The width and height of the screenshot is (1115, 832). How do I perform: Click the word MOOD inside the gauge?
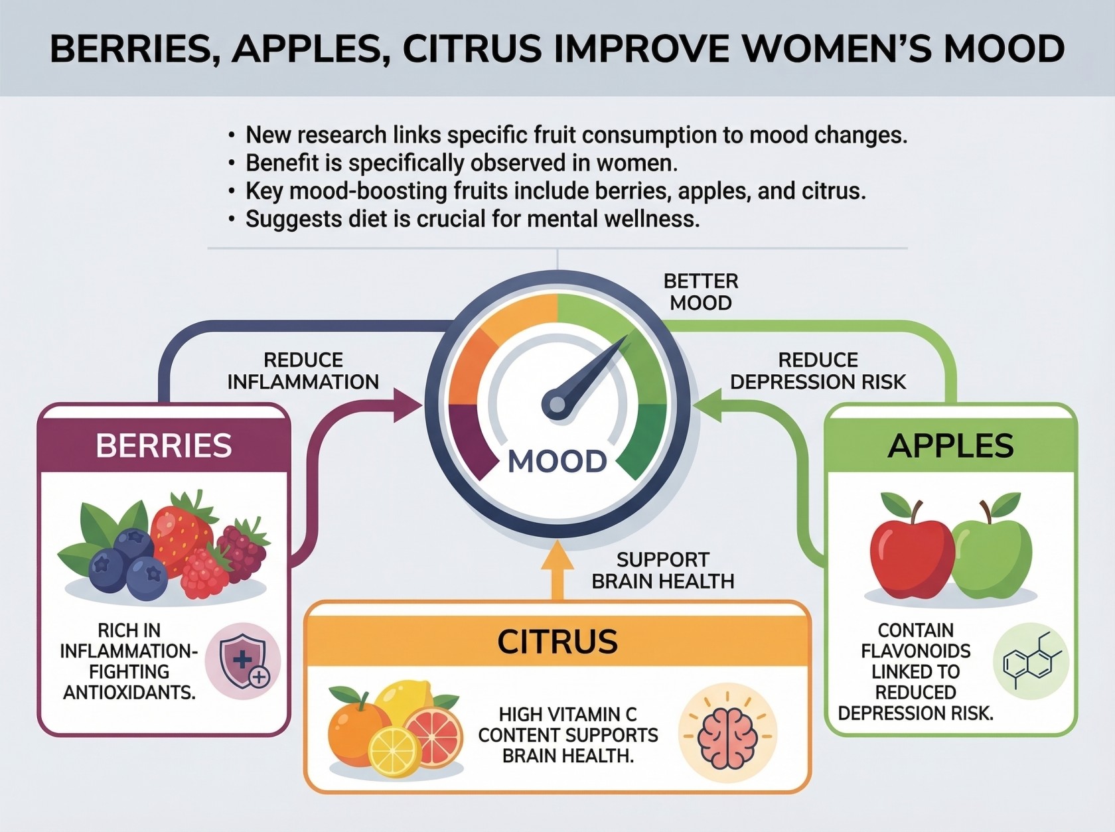557,461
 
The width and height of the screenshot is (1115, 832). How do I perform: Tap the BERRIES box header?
163,445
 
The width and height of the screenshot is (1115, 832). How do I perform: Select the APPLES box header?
950,445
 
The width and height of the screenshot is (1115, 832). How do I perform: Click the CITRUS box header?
557,641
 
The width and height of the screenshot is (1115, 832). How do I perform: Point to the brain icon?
728,735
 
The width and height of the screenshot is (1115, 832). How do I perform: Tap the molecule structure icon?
1031,661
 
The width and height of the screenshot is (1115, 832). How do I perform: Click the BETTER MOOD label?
701,292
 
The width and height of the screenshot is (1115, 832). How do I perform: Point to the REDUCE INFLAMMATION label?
303,371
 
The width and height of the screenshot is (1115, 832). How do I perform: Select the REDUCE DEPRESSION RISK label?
818,371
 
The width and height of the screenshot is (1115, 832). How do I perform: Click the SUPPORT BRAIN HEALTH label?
663,571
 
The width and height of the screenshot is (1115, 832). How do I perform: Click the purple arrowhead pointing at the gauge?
408,405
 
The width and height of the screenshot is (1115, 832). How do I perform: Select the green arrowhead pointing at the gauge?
707,405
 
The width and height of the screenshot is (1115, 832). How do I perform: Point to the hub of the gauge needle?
557,404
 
